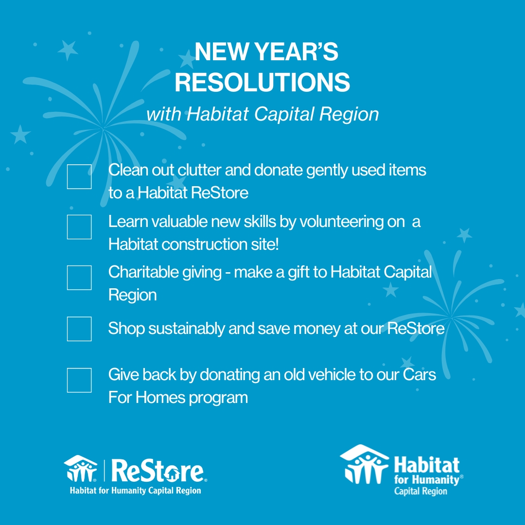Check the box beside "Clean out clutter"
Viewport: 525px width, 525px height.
[x=79, y=176]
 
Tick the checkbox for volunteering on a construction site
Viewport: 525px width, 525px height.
[x=79, y=227]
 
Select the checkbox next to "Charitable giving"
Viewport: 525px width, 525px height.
[x=79, y=278]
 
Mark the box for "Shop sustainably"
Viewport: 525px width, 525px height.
[x=79, y=329]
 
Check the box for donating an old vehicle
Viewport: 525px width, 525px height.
[x=79, y=380]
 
